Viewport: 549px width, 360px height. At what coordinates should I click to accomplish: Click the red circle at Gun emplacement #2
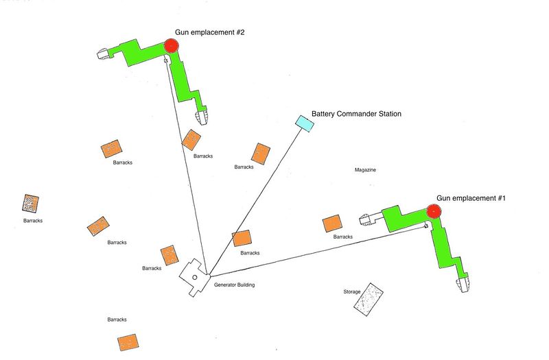click(x=172, y=46)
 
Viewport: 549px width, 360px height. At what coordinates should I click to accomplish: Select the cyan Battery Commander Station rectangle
click(x=304, y=123)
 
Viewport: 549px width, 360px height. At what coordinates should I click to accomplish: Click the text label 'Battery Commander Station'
click(x=356, y=114)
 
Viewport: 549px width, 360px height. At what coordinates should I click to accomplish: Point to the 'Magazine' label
click(x=365, y=170)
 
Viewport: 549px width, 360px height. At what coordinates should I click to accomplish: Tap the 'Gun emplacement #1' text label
click(x=471, y=198)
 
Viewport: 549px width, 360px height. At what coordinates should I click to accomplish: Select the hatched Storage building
click(x=369, y=299)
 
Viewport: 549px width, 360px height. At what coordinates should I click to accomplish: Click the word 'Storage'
click(x=351, y=292)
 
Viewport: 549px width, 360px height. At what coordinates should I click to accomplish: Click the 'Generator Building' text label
click(x=234, y=285)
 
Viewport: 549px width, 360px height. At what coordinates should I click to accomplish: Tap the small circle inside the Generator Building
click(x=195, y=277)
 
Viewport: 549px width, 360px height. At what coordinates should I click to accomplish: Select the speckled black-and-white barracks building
click(x=30, y=204)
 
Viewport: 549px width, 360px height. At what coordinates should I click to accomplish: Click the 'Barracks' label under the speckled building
click(x=33, y=221)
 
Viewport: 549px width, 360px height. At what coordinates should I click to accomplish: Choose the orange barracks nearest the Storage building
click(x=332, y=224)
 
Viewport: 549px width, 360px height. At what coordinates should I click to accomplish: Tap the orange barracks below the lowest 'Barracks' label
click(x=127, y=342)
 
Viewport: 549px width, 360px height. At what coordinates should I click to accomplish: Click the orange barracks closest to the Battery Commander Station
click(x=261, y=153)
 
